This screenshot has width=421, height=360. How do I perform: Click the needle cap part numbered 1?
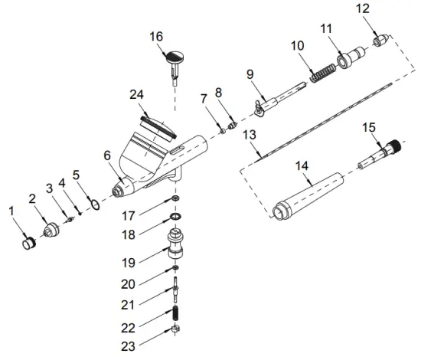28,244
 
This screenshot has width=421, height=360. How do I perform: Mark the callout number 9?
250,75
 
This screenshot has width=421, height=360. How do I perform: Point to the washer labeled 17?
176,200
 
